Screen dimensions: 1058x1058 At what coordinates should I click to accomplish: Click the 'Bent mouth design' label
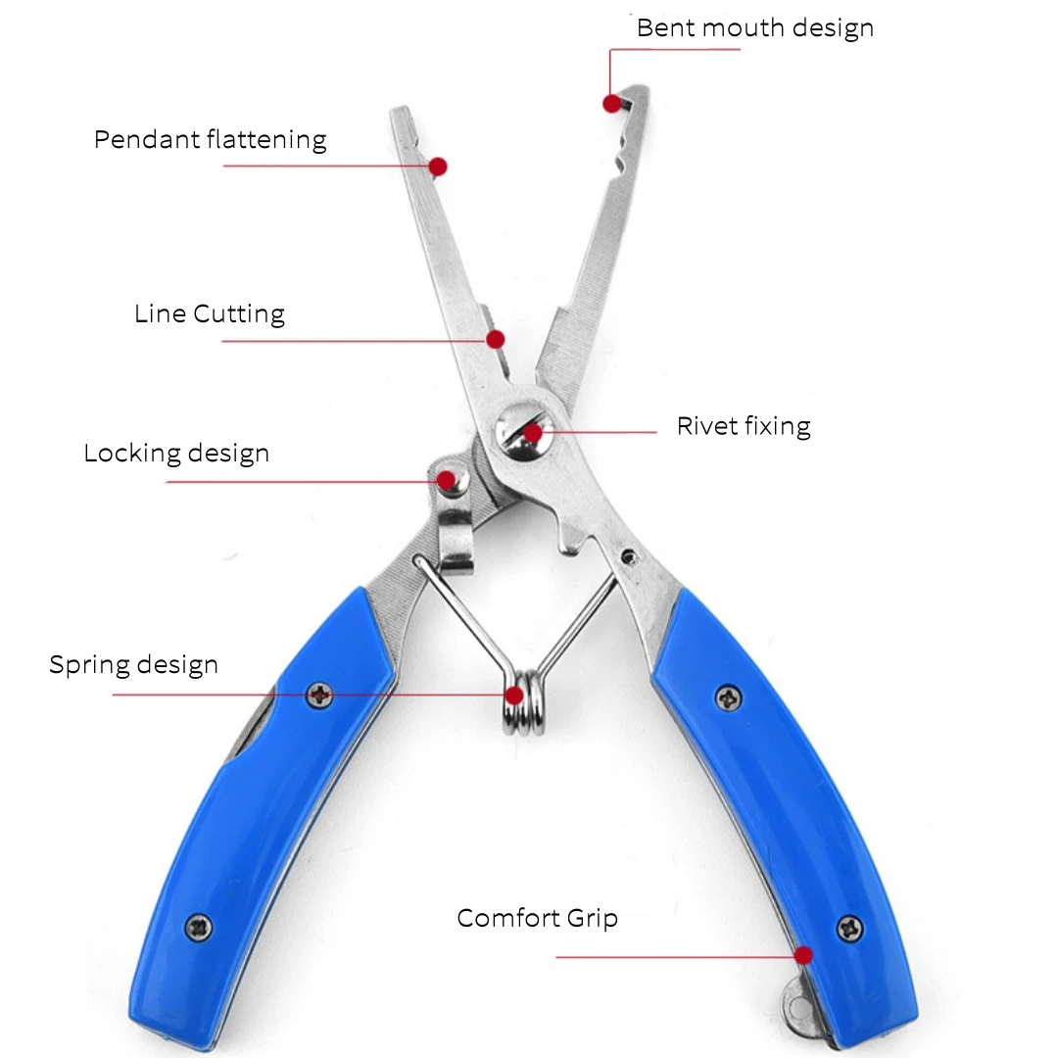click(754, 28)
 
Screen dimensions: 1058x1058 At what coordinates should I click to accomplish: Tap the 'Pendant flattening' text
click(210, 140)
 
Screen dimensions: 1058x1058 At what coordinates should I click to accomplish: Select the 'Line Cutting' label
click(210, 314)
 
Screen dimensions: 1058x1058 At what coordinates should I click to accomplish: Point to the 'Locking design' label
click(176, 455)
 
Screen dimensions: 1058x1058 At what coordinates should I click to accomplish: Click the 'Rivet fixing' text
click(744, 426)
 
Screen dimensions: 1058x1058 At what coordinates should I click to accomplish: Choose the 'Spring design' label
click(133, 665)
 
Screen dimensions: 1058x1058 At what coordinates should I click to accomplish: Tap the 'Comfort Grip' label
click(537, 918)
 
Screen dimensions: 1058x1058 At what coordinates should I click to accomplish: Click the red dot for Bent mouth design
click(611, 103)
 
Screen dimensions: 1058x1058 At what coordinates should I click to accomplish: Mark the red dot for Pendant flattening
click(438, 167)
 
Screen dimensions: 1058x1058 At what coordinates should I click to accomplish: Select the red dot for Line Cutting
click(496, 339)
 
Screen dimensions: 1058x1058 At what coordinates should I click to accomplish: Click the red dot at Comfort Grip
click(804, 955)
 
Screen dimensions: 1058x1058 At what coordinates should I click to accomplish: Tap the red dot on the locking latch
click(447, 480)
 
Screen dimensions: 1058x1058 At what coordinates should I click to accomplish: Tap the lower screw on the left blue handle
click(200, 925)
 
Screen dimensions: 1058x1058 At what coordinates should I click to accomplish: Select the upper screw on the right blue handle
click(728, 697)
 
